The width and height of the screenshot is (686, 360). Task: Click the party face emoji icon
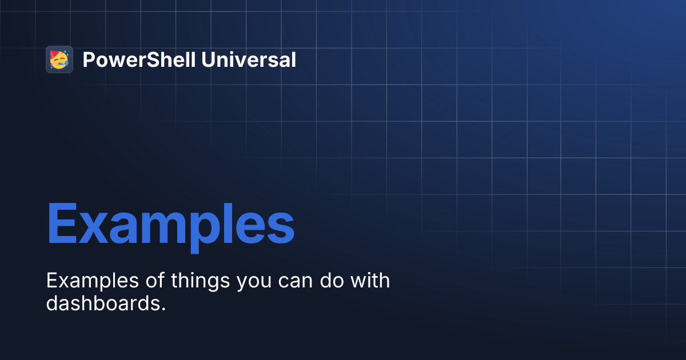coord(59,59)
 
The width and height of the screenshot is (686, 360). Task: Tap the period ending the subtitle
coord(163,309)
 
